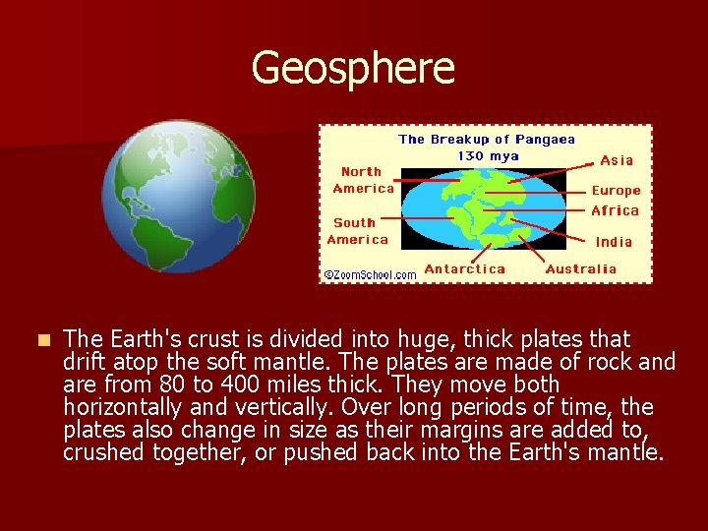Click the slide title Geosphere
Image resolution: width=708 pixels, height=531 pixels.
point(353,69)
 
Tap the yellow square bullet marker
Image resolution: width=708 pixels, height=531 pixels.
point(41,340)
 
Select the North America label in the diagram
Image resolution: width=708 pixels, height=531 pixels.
point(363,180)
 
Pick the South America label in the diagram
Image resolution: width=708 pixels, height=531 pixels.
point(358,231)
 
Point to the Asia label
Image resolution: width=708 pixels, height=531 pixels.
point(617,160)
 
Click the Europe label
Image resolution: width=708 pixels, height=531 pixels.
point(616,191)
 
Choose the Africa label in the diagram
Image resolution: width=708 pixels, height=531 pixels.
point(615,210)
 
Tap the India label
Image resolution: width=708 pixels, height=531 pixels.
point(614,242)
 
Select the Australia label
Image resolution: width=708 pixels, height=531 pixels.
point(581,268)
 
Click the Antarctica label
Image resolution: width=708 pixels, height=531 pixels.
point(464,268)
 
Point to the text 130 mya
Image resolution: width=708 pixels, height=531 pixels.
point(488,156)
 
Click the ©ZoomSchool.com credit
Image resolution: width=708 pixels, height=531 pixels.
point(371,274)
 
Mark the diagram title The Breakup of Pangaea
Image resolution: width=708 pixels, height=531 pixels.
point(487,140)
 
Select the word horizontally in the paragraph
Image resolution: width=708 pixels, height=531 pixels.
point(124,407)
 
